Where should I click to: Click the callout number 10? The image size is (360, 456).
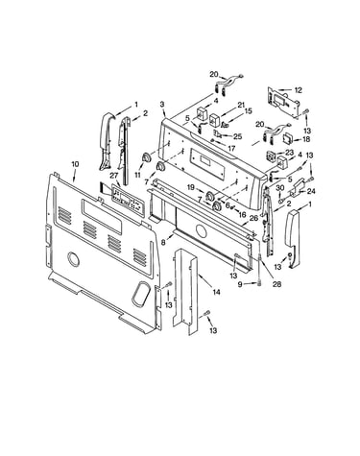pyautogui.click(x=75, y=164)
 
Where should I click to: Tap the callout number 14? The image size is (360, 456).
pyautogui.click(x=217, y=292)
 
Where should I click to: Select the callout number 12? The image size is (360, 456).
pyautogui.click(x=298, y=90)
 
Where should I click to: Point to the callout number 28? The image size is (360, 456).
pyautogui.click(x=276, y=284)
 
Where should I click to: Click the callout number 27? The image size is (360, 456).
pyautogui.click(x=114, y=175)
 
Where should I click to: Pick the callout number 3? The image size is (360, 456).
pyautogui.click(x=162, y=104)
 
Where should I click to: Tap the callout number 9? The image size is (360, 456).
pyautogui.click(x=240, y=284)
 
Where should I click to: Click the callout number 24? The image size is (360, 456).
pyautogui.click(x=311, y=191)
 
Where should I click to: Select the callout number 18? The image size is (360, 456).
pyautogui.click(x=306, y=139)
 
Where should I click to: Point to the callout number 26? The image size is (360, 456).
pyautogui.click(x=253, y=219)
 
